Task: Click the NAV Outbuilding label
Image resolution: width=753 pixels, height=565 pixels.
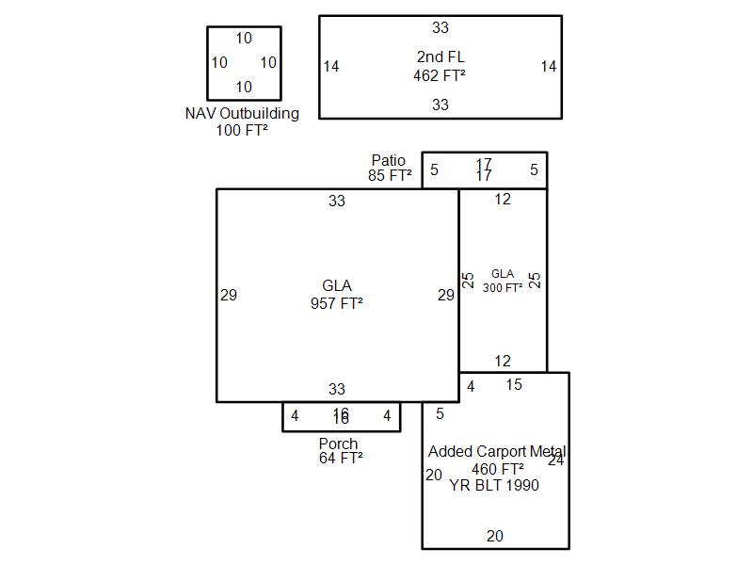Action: [x=242, y=114]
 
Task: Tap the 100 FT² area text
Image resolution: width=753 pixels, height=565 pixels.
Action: [x=242, y=130]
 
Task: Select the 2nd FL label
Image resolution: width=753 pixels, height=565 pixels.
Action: [x=441, y=58]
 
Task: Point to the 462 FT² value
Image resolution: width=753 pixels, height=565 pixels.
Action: [x=440, y=76]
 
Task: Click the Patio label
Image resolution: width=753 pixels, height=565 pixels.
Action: [x=389, y=161]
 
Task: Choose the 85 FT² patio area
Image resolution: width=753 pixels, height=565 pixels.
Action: [x=390, y=175]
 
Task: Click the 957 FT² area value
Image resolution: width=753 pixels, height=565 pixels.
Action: [x=337, y=303]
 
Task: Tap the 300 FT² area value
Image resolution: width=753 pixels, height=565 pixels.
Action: [x=503, y=288]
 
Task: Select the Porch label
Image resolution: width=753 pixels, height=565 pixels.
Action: [x=338, y=444]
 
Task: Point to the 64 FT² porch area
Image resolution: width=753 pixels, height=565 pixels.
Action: [x=341, y=459]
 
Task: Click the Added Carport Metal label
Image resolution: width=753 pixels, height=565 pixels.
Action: [x=497, y=452]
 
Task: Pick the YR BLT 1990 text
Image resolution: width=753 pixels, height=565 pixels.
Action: [x=494, y=486]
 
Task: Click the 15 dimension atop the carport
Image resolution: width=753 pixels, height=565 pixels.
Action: [x=513, y=384]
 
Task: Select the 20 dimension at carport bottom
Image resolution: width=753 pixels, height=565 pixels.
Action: [x=494, y=537]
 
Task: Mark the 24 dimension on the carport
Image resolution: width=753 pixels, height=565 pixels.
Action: [x=555, y=460]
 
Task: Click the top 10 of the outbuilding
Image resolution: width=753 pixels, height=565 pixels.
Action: [x=244, y=39]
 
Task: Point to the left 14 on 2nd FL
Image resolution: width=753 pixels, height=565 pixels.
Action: [x=331, y=66]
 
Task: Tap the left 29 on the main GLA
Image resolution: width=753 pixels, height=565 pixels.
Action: [x=229, y=295]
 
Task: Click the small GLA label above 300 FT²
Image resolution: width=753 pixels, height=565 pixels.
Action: [x=503, y=274]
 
